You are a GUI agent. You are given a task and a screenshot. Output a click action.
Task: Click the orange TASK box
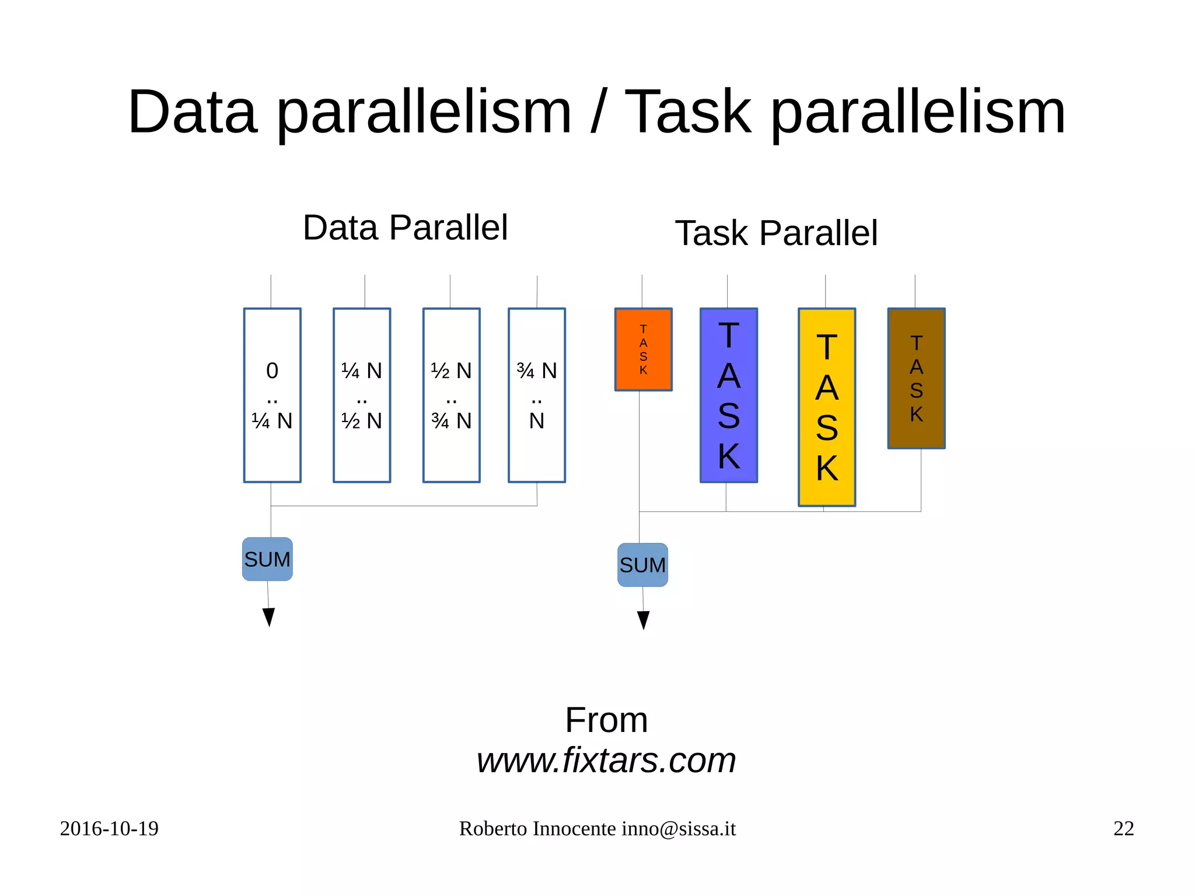pos(643,349)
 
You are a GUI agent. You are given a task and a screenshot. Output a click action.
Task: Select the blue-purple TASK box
pos(728,395)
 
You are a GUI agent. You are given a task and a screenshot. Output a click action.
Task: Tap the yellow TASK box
pos(826,407)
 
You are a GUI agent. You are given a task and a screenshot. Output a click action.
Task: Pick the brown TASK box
pos(916,378)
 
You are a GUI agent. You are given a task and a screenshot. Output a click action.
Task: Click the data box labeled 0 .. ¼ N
pos(272,395)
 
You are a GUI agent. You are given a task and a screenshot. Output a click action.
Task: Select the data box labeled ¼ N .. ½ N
pos(362,395)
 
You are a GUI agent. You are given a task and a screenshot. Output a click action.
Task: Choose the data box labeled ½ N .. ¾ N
pos(451,395)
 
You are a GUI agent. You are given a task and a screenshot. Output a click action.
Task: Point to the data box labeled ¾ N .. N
pos(537,395)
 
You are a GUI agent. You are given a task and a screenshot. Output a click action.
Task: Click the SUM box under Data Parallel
pos(267,559)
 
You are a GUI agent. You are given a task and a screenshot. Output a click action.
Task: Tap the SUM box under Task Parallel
pos(642,565)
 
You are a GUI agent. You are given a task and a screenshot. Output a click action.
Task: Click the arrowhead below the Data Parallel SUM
pos(268,616)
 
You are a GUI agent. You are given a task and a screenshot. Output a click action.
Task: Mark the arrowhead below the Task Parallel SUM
pos(643,620)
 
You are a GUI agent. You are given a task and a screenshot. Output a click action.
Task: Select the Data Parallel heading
pos(405,228)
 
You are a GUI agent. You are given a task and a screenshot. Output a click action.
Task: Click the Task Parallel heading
pos(776,233)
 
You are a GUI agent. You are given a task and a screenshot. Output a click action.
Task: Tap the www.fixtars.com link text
pos(606,760)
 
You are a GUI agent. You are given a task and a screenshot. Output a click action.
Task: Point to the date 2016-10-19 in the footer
pos(109,828)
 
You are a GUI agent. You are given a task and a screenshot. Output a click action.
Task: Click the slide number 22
pos(1123,828)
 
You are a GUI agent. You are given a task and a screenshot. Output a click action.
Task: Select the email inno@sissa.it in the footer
pos(678,828)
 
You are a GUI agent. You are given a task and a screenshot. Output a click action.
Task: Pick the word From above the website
pos(606,720)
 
